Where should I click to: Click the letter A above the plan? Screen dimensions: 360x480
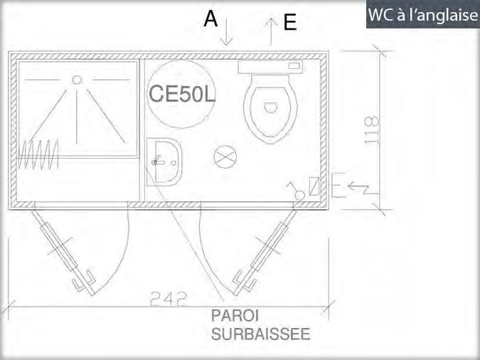210,19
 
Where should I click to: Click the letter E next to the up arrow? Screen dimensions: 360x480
289,23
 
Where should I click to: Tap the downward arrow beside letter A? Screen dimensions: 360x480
227,33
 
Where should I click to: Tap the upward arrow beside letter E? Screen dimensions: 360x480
271,32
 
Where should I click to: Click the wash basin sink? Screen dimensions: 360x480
164,162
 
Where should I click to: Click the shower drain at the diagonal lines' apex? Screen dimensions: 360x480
77,80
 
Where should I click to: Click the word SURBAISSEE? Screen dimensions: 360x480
260,333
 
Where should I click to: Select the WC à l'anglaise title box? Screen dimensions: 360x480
422,14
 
